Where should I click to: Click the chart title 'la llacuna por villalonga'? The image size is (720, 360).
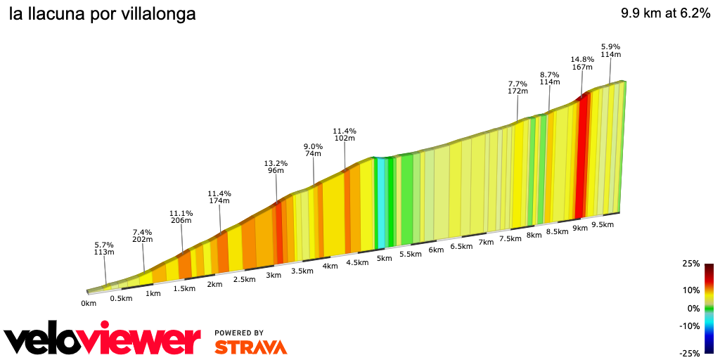103,14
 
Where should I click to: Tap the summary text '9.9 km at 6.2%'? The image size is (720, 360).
665,13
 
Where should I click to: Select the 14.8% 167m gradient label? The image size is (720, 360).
582,63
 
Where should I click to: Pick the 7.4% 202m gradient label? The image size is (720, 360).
143,236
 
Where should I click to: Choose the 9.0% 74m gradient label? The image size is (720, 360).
313,150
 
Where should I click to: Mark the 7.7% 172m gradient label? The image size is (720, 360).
517,87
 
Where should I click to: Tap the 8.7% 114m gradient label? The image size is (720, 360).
549,78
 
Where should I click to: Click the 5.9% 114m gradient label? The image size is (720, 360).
610,51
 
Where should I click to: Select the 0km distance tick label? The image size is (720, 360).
88,304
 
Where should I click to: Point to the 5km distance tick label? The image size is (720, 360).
384,258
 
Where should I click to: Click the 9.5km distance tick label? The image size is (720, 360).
603,225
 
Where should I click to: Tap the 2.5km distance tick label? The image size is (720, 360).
244,279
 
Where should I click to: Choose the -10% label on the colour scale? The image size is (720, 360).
690,326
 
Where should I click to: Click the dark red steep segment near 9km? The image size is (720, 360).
580,158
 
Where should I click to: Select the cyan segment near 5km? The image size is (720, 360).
381,204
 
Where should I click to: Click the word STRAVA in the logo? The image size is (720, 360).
250,347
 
